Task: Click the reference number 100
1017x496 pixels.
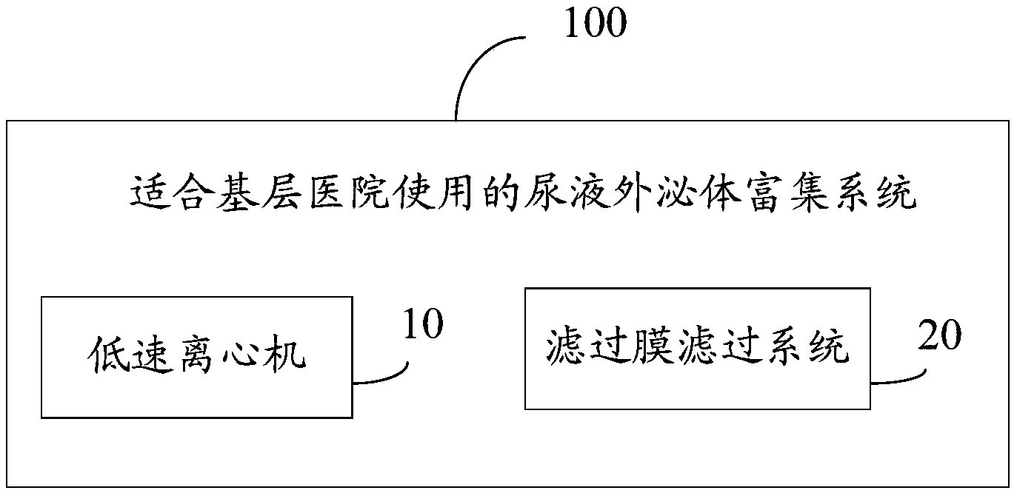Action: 596,24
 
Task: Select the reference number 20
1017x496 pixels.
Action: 939,335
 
